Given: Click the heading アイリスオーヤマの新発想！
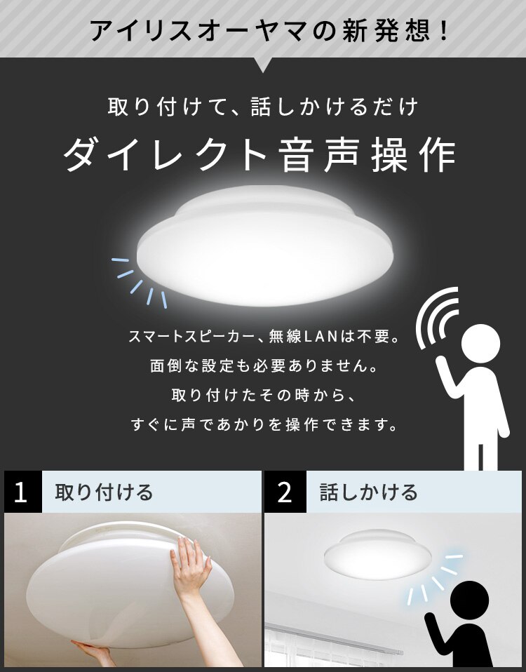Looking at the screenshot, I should click(x=262, y=31).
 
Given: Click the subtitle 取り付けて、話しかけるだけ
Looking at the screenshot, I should click(x=263, y=107).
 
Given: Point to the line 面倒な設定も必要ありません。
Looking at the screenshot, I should click(x=264, y=366).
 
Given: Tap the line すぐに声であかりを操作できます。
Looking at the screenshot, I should click(x=264, y=424).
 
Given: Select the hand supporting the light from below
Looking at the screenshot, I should click(x=91, y=652).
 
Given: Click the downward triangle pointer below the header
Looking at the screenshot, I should click(x=264, y=65).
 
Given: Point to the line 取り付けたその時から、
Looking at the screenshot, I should click(x=264, y=396).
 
